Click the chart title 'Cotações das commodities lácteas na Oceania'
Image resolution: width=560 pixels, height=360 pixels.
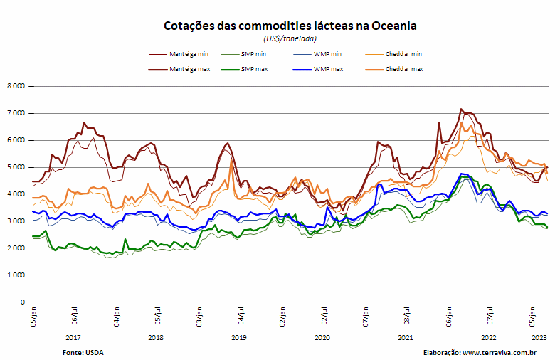[x=290, y=26]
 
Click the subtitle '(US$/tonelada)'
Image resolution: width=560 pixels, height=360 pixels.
[x=290, y=38]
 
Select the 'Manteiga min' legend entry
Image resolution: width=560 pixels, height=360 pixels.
[x=179, y=54]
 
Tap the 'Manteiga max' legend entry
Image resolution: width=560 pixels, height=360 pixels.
[x=179, y=69]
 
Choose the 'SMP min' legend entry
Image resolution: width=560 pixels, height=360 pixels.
[x=243, y=54]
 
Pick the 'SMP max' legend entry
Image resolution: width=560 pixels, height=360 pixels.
[x=244, y=69]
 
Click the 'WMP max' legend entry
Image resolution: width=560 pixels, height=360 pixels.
[x=318, y=69]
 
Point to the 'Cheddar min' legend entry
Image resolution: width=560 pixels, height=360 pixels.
[x=393, y=54]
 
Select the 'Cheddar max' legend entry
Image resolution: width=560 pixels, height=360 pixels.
[x=394, y=69]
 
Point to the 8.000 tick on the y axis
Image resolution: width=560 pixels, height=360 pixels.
[x=16, y=86]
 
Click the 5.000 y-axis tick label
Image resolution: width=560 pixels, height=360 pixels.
[x=16, y=167]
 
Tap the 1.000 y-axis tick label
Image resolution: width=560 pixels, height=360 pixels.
[x=16, y=275]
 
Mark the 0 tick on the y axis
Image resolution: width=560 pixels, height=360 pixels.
[x=23, y=302]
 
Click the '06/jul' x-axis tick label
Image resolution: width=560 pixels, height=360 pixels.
[x=75, y=315]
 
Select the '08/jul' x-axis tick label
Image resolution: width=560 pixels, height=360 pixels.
[x=407, y=315]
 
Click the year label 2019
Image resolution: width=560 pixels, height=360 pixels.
[x=239, y=337]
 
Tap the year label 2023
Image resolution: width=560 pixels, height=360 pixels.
[x=539, y=337]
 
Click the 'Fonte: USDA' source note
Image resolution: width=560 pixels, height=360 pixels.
[x=83, y=353]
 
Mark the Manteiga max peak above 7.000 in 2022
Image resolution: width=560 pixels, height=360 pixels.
[x=461, y=109]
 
